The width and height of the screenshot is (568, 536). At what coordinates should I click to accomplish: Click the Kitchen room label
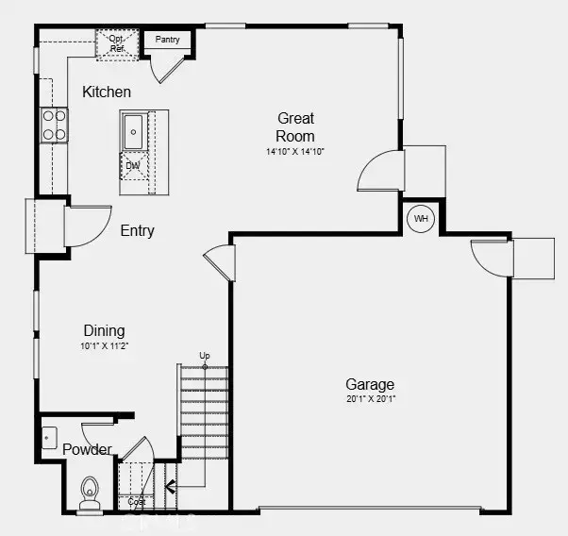point(107,92)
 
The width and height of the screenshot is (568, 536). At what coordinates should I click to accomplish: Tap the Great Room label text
point(295,127)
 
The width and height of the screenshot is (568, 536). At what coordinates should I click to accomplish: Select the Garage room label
point(370,385)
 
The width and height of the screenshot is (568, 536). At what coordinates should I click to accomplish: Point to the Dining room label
point(104,331)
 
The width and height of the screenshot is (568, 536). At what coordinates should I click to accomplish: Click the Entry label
point(137,231)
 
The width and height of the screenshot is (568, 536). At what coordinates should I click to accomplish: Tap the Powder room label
point(87,450)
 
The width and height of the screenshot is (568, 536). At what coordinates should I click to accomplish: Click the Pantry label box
point(167,41)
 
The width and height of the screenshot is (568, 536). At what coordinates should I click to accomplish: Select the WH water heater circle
point(421,220)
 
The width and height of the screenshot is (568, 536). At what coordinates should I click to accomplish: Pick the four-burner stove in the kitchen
point(54,126)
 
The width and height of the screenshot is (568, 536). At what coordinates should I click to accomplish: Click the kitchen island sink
point(134,131)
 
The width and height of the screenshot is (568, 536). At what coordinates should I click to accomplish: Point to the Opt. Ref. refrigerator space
point(117,44)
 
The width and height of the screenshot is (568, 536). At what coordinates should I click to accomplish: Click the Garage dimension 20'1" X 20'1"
point(370,400)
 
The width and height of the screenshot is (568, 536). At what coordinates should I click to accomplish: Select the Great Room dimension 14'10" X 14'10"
point(295,151)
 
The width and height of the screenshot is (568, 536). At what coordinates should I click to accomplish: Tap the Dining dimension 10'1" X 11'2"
point(104,346)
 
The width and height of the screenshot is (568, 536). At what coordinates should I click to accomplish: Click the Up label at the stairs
point(205,356)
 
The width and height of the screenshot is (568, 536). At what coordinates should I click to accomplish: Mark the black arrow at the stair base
point(171,488)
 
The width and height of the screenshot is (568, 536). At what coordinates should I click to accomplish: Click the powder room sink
point(49,439)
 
